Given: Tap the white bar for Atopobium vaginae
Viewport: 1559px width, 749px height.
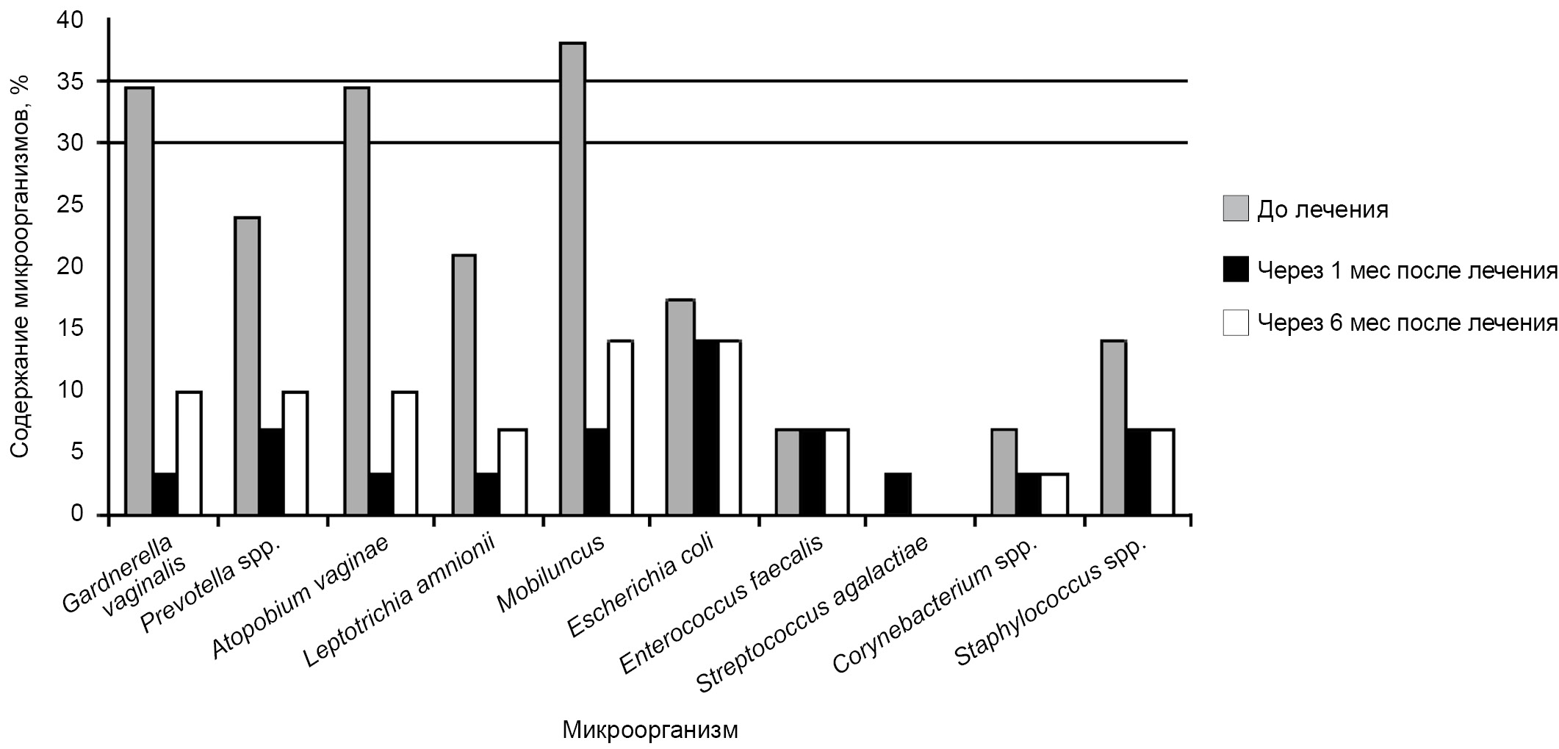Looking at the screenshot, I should pos(405,452).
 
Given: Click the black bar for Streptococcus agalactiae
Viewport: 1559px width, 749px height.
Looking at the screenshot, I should pos(898,493).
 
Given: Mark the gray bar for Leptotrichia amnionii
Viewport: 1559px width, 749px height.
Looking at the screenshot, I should pos(464,384).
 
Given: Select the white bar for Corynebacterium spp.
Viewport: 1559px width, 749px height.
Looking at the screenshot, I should pos(1054,493).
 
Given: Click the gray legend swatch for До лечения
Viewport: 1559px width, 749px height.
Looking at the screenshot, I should pos(1236,209).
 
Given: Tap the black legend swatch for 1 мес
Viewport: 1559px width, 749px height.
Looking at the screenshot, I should pos(1236,270).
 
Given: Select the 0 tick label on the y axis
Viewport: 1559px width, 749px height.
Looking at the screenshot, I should pos(77,514).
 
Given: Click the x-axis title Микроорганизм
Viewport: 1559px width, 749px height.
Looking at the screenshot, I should pos(650,730).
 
